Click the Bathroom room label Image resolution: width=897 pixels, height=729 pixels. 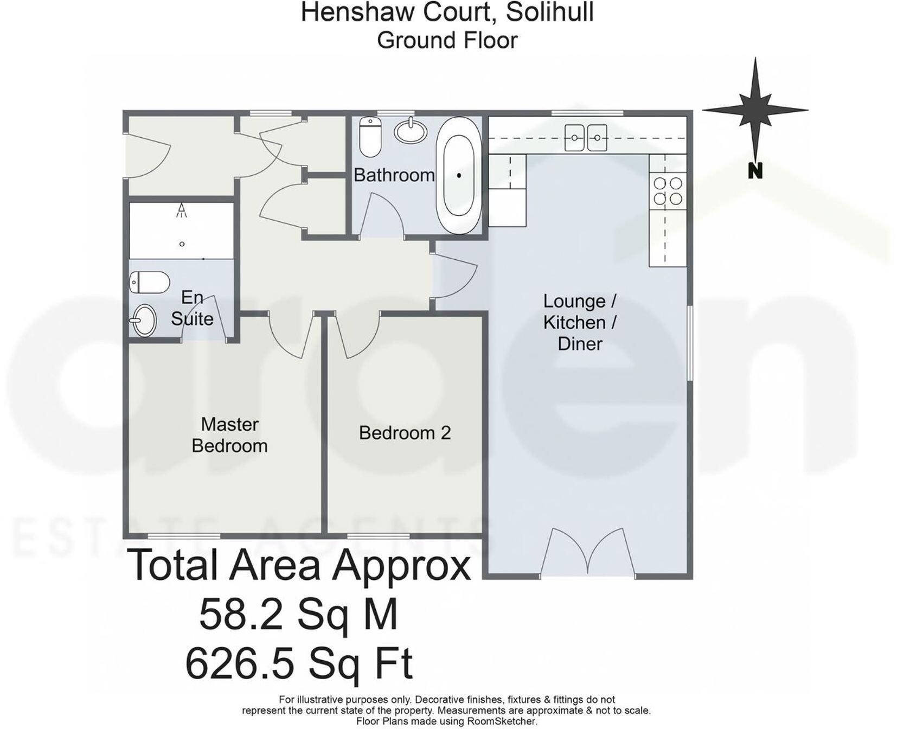pos(394,175)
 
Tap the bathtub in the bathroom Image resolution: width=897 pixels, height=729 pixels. pos(459,175)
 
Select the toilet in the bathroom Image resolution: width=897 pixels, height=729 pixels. pos(371,136)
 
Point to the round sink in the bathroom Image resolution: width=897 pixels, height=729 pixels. pos(410,130)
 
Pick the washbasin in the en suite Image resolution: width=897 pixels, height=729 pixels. pos(144,320)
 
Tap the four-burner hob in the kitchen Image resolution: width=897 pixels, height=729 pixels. pos(668,191)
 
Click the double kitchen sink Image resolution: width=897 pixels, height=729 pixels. pos(586,138)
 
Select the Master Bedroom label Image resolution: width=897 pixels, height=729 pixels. pos(229,435)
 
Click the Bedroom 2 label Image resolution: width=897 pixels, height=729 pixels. pos(405,433)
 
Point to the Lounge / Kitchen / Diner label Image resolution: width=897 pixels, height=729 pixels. pos(580,322)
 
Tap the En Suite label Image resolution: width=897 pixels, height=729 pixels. pos(192,308)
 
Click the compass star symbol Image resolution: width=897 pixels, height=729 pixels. pos(755,110)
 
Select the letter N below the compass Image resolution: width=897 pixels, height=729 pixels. pos(755,171)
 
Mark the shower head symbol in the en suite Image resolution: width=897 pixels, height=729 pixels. pos(182,211)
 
